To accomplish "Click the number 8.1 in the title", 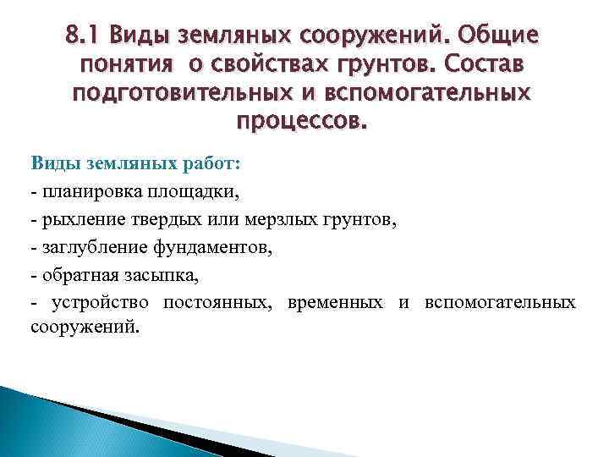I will [82, 36].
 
